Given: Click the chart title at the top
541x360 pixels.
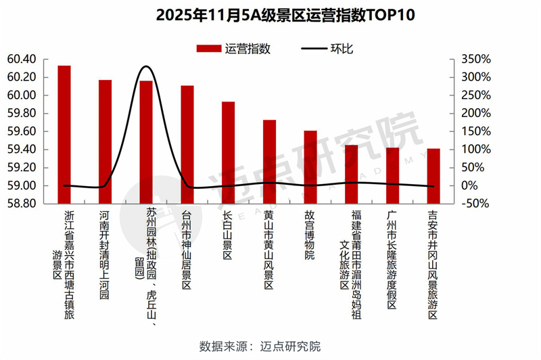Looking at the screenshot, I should tap(270, 15).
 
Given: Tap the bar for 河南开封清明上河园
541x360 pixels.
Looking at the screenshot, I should tap(105, 141).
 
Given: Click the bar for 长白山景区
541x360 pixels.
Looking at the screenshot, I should tap(229, 152).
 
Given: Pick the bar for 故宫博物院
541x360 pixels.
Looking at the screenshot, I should tap(310, 166).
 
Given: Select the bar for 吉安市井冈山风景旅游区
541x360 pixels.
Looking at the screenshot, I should tap(433, 175).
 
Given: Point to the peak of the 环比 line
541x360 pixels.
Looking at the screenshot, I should tap(146, 67).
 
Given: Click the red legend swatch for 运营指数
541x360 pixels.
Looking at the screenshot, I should tap(209, 49).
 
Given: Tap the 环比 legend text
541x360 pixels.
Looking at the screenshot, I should tap(341, 49).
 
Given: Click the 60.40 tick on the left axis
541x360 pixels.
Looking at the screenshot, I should tap(22, 59).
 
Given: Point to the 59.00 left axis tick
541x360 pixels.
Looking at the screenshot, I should tap(22, 185).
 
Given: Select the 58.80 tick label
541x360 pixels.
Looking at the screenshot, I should tap(22, 204).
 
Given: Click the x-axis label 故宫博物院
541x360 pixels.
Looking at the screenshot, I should tap(310, 235).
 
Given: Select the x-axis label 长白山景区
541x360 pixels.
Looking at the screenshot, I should tap(228, 235).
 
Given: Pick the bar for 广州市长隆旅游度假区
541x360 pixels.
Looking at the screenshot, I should tap(392, 175).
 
